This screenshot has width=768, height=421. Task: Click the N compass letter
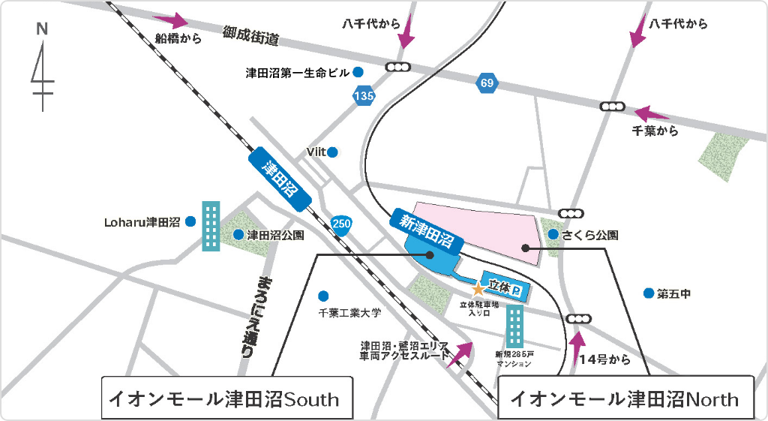tap(42, 29)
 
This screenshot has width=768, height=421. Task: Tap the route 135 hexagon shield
tap(364, 95)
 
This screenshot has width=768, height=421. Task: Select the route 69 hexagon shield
tap(487, 83)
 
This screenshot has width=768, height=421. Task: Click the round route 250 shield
tap(340, 223)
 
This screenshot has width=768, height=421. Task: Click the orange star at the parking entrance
tap(477, 288)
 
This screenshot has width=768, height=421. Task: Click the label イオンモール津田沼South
tap(225, 398)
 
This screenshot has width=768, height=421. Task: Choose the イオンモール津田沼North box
tap(625, 398)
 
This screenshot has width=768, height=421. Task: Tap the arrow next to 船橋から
tap(170, 21)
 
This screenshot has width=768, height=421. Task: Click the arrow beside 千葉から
tap(651, 114)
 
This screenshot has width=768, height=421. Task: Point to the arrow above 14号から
tap(577, 346)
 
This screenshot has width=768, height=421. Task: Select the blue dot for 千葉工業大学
tap(323, 296)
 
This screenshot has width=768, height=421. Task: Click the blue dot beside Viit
tap(332, 152)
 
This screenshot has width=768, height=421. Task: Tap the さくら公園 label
tap(592, 235)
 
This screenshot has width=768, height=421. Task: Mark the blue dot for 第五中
tap(647, 293)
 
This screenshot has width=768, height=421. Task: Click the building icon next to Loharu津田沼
tap(211, 226)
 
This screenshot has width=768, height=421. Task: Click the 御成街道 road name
tap(250, 36)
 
